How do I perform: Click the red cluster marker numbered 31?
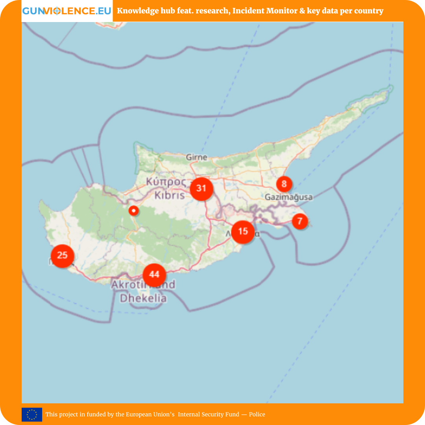point(201,188)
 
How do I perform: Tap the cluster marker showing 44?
point(154,275)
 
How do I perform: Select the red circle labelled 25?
point(62,255)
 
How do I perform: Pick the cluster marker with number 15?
point(243,231)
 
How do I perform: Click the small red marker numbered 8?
point(284,183)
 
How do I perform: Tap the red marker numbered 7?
point(300,221)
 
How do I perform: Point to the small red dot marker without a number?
point(134,211)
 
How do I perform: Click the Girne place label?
point(197,157)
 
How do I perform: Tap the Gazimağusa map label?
point(288,197)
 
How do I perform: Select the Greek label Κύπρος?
point(166,182)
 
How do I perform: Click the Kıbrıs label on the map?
point(170,195)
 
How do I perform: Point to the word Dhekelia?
point(143,298)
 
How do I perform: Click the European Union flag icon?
point(32,414)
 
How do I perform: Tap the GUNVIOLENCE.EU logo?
point(67,11)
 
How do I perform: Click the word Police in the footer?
point(257,414)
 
